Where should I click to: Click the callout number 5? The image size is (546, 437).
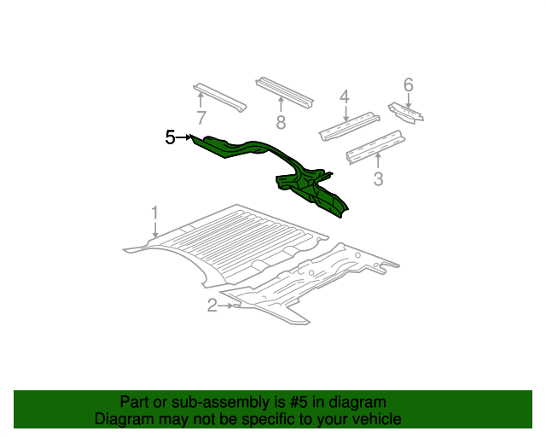point(170,137)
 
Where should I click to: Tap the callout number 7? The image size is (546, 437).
point(201,118)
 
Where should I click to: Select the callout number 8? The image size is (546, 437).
point(281,123)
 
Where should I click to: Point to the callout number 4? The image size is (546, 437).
point(344,96)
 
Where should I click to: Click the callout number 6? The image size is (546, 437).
point(409,85)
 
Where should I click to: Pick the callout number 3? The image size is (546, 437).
point(378,179)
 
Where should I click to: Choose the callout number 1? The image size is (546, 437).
point(154,213)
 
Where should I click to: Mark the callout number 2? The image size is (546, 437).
point(212,306)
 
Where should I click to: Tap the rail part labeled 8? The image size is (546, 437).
point(284,92)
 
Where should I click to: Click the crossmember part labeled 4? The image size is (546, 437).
point(349,126)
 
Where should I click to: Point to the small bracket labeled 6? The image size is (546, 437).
point(406,113)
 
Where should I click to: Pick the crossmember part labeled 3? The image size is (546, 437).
point(375,147)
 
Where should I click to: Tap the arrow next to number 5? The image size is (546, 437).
point(184,137)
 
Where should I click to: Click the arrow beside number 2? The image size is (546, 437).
point(225,306)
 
